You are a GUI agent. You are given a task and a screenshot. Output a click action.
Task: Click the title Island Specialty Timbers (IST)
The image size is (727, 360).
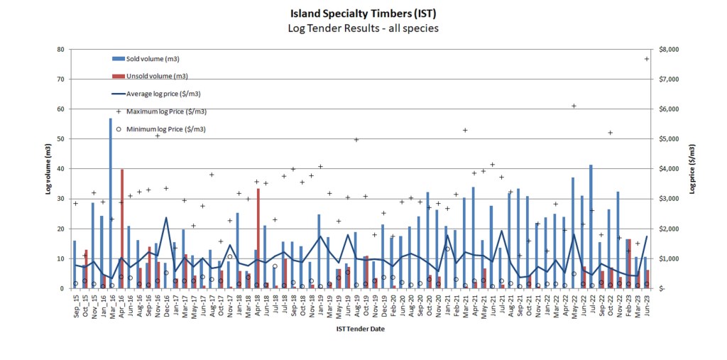[x=363, y=13]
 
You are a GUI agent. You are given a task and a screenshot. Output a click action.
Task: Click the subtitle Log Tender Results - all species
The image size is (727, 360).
[x=363, y=28]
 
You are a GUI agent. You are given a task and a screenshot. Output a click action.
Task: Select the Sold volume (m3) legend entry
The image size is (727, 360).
[x=153, y=58]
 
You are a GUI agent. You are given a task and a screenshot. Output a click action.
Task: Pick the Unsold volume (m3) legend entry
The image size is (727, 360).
[x=157, y=76]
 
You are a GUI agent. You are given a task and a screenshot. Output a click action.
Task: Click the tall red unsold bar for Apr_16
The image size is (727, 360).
[x=122, y=229]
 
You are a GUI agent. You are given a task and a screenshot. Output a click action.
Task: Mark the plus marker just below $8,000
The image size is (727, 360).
[x=647, y=59]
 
